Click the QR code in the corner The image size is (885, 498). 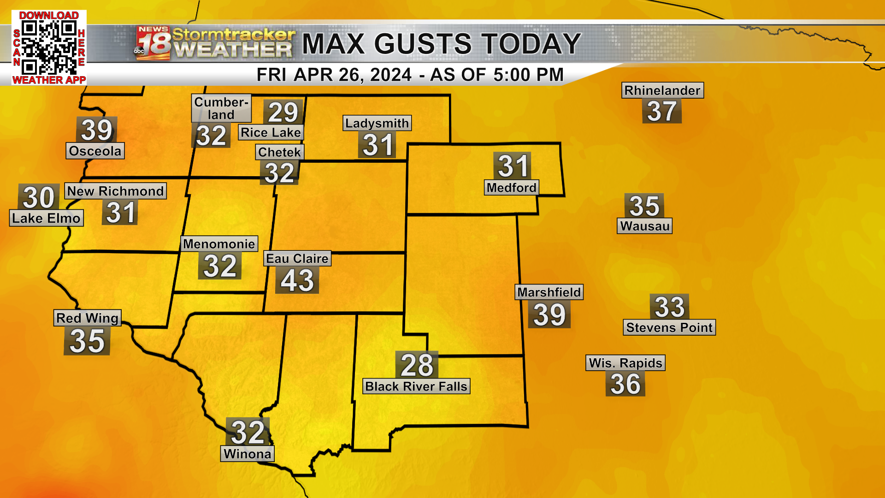49,47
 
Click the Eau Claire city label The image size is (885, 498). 297,259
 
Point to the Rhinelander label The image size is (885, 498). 662,90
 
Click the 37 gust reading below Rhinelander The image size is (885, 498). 662,112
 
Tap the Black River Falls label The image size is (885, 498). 416,386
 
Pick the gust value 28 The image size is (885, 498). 417,365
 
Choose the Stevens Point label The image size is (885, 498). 669,327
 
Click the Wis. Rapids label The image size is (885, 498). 625,363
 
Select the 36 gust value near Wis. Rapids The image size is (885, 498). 625,384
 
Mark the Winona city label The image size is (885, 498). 248,454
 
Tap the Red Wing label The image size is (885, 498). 88,318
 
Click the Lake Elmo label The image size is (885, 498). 46,218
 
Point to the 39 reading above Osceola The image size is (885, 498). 96,130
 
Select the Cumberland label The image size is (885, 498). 221,108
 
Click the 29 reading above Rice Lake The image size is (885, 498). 283,112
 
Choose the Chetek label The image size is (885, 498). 279,152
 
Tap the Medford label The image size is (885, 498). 511,188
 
